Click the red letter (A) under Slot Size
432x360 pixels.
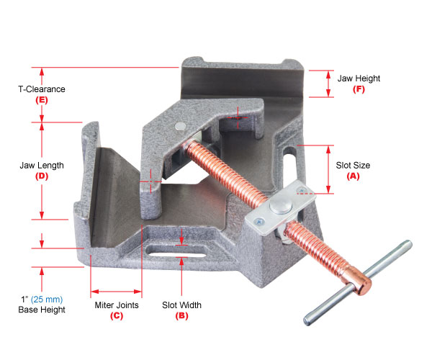pyautogui.click(x=353, y=176)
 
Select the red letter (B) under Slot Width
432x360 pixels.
pyautogui.click(x=181, y=315)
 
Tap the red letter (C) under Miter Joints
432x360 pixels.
pyautogui.click(x=117, y=315)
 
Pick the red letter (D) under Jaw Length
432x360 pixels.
pyautogui.click(x=42, y=176)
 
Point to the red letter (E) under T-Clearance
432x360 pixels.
pyautogui.click(x=42, y=100)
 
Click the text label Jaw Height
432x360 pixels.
pyautogui.click(x=358, y=78)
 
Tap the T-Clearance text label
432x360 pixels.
pyautogui.click(x=42, y=89)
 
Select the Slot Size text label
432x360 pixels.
pyautogui.click(x=353, y=165)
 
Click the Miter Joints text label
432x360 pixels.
pyautogui.click(x=117, y=305)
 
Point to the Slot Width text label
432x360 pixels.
pyautogui.click(x=181, y=305)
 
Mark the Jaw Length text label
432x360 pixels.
pyautogui.click(x=42, y=165)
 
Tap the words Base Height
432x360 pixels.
pyautogui.click(x=41, y=310)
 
